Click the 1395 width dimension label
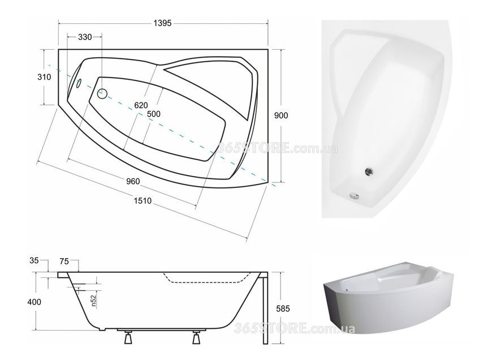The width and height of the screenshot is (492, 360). tap(162, 23)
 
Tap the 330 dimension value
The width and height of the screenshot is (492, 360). tap(85, 37)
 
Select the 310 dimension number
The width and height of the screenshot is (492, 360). tap(44, 76)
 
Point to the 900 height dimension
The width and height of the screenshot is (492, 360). tap(281, 115)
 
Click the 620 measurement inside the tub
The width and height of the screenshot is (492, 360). tap(141, 105)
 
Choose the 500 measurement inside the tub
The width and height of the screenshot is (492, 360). tap(154, 114)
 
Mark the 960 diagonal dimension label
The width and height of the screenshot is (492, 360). tap(133, 181)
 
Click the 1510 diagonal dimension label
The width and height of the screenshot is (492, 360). tap(143, 201)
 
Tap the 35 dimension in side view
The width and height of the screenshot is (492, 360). tap(34, 260)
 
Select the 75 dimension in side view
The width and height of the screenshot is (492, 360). tap(64, 262)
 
